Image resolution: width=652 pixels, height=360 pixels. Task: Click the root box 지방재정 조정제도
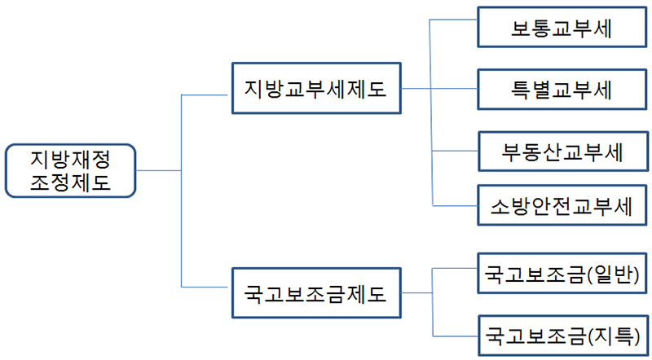click(71, 170)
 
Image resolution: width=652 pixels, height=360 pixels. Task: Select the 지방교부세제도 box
click(316, 88)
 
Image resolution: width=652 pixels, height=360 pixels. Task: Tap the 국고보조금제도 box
click(316, 293)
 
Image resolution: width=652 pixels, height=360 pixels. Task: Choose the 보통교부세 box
click(562, 27)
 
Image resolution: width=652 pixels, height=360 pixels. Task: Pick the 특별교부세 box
click(562, 90)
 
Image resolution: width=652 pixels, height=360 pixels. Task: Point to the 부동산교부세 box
click(563, 151)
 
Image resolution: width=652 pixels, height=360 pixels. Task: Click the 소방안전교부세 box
click(562, 205)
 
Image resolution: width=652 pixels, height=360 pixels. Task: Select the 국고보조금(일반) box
click(562, 273)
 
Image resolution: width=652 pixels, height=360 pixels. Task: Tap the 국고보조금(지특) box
click(563, 336)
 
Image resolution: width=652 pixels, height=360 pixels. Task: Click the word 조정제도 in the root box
click(71, 182)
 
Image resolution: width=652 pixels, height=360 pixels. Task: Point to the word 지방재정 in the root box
click(71, 160)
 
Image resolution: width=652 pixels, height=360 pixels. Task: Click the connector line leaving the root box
click(159, 170)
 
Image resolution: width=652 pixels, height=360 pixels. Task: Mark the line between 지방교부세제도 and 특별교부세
click(439, 88)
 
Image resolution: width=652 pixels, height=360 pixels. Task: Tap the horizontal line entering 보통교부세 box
click(453, 19)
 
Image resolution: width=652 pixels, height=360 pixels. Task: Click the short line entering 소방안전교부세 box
click(455, 205)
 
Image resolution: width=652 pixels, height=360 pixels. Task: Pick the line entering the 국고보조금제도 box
click(205, 287)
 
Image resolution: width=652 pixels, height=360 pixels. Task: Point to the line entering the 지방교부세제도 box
click(205, 95)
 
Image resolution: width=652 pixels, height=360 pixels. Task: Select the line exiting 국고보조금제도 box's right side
click(417, 292)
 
